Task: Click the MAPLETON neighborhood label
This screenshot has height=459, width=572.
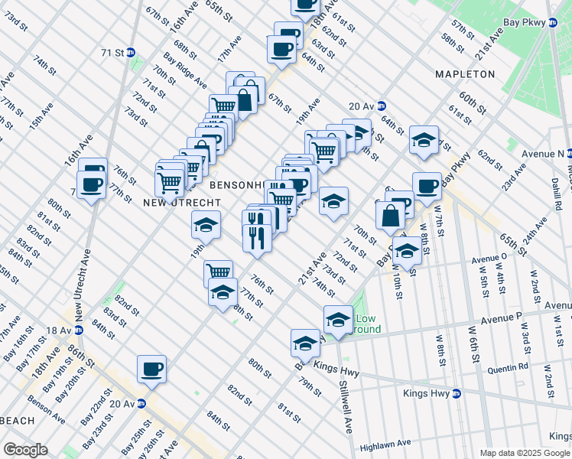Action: click(465, 74)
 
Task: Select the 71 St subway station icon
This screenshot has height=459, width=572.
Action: click(131, 53)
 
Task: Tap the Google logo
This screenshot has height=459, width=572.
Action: click(25, 450)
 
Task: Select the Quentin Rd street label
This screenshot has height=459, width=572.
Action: click(512, 366)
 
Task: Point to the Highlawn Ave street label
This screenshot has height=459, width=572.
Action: click(386, 443)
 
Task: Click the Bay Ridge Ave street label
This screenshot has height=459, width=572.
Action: click(184, 70)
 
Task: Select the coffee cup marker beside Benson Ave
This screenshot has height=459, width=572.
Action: click(151, 369)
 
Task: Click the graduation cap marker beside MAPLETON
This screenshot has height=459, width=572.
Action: click(424, 140)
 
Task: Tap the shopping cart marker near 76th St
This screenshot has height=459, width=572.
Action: click(219, 272)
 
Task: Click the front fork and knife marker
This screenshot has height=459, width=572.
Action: click(257, 237)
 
